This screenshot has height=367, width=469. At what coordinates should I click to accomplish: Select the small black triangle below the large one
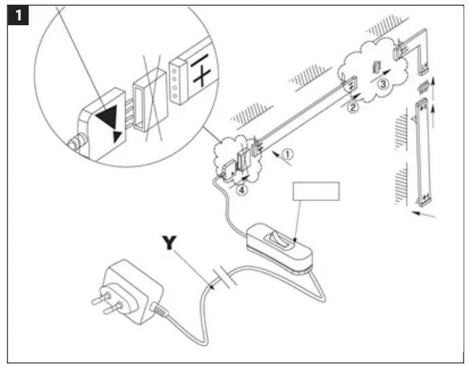click(118, 137)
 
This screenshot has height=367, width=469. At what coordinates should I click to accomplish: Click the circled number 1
click(288, 154)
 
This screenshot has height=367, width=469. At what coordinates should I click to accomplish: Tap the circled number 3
click(384, 84)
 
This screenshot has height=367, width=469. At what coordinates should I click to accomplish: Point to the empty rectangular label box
click(316, 190)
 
